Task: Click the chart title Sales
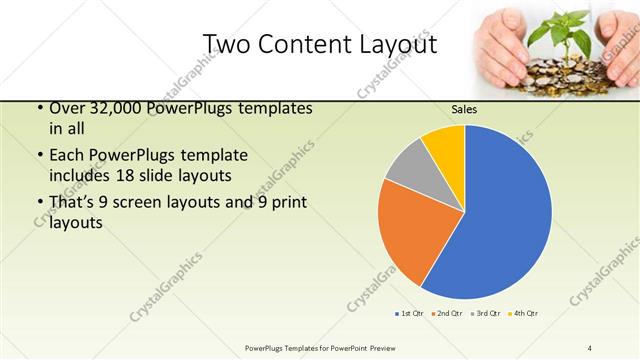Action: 464,109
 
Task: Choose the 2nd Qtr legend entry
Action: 446,314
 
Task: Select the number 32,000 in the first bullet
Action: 105,107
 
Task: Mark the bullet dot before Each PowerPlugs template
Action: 39,156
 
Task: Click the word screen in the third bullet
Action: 150,203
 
